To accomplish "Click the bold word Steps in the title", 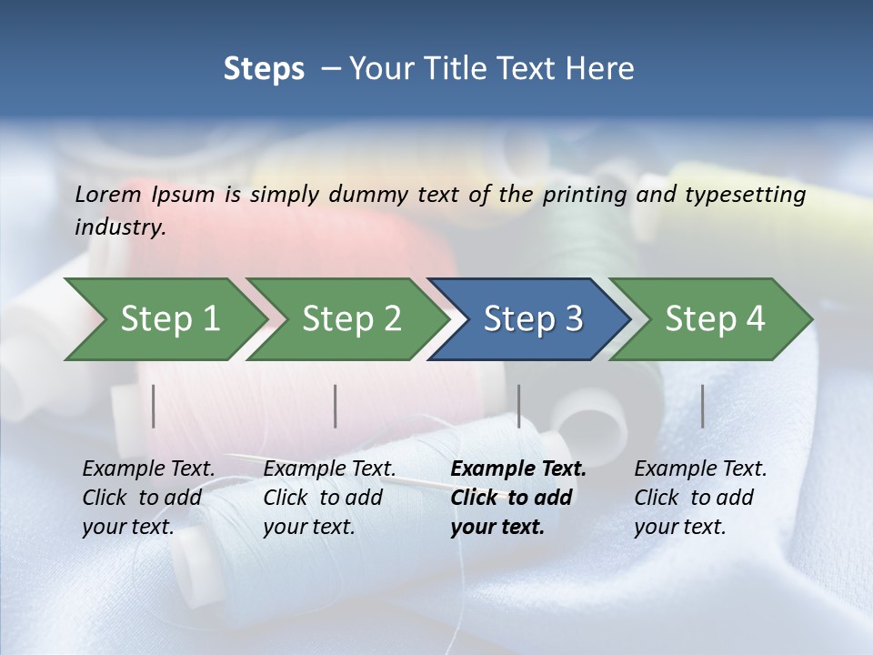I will pyautogui.click(x=264, y=69).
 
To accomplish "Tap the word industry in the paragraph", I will pyautogui.click(x=119, y=227).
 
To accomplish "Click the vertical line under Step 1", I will pyautogui.click(x=154, y=406).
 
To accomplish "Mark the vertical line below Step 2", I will pyautogui.click(x=336, y=406).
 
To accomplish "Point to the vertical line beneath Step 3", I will pyautogui.click(x=519, y=406).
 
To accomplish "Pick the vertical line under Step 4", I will pyautogui.click(x=703, y=406).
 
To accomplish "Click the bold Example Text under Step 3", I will pyautogui.click(x=518, y=469).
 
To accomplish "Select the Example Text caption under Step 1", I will pyautogui.click(x=148, y=469).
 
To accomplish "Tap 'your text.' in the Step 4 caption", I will pyautogui.click(x=679, y=527).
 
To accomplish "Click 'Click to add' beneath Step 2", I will pyautogui.click(x=323, y=498).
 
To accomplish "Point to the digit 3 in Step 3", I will pyautogui.click(x=573, y=319).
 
